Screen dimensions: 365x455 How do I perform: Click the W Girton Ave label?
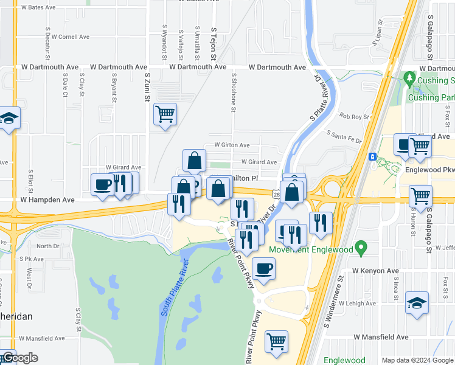[227, 145]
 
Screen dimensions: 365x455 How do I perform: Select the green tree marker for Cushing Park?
[409, 80]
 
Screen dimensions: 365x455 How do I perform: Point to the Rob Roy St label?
[355, 116]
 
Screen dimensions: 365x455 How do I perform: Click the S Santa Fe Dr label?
[344, 136]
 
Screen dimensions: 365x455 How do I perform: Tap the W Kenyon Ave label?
[375, 271]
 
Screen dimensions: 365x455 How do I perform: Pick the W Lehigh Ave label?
[358, 303]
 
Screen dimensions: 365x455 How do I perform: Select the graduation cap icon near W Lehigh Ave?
[417, 303]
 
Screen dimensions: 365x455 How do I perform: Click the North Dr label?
[48, 246]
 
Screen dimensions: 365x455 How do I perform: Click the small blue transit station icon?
[372, 156]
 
